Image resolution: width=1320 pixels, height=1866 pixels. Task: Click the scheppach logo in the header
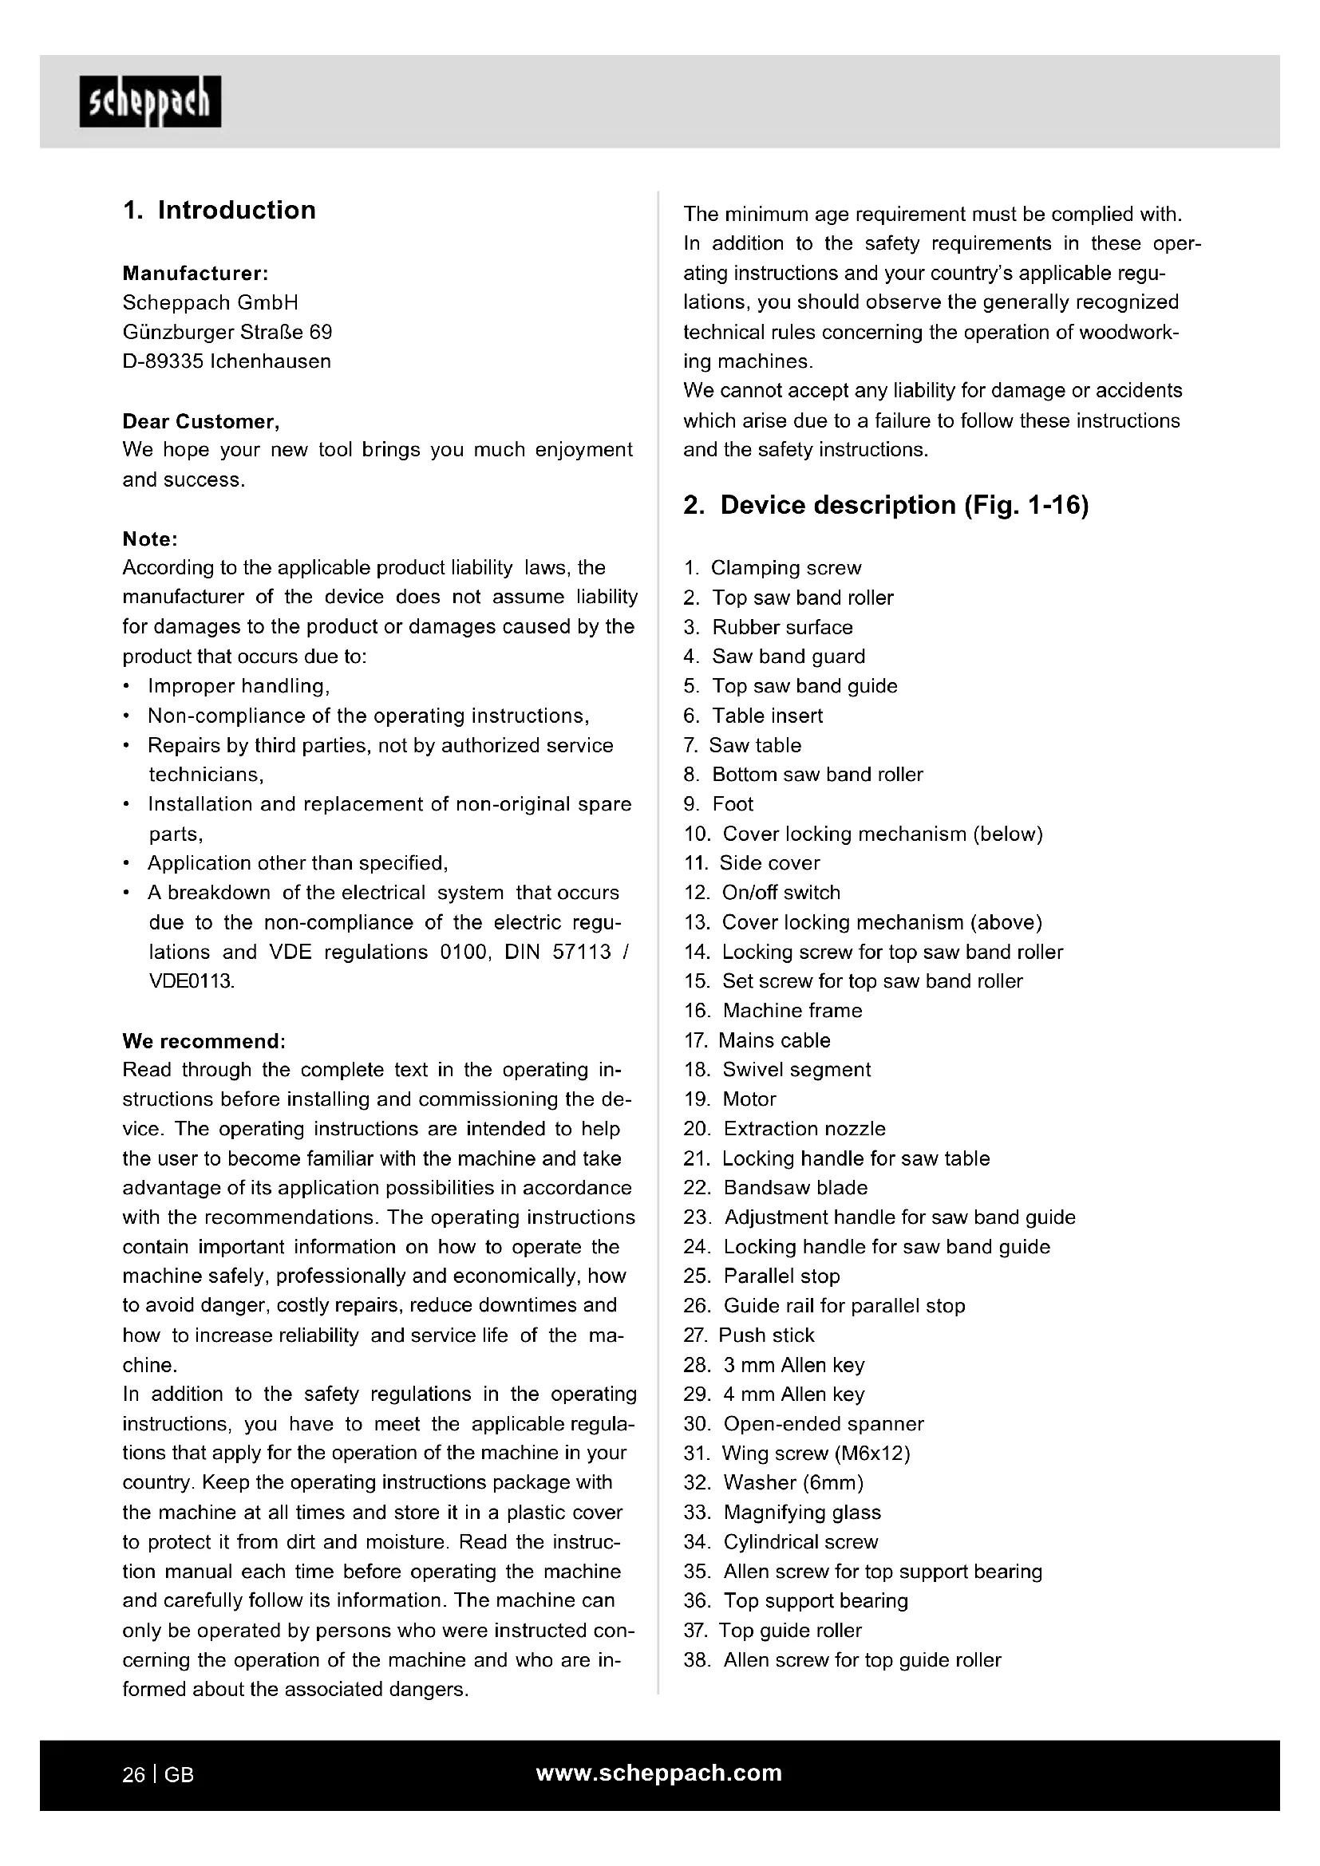[149, 101]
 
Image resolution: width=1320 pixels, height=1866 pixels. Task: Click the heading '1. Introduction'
[219, 210]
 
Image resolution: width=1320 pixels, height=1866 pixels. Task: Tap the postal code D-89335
[163, 361]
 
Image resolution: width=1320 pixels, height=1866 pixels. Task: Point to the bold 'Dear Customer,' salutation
[201, 421]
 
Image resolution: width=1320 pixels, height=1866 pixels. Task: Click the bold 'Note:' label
[149, 538]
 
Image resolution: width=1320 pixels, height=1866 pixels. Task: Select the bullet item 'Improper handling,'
[238, 686]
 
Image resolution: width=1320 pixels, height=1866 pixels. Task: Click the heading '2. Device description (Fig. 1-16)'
[885, 506]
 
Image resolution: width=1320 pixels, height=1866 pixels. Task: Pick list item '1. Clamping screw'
[773, 568]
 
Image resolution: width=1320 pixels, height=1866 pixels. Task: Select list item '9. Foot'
[718, 804]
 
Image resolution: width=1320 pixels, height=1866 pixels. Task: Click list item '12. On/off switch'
[761, 893]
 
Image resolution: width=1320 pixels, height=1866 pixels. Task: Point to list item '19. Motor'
[730, 1099]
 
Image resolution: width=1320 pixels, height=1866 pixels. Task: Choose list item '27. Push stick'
[749, 1335]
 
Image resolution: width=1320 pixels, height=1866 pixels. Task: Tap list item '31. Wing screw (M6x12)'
[796, 1453]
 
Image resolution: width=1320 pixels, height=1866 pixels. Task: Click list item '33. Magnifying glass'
[782, 1513]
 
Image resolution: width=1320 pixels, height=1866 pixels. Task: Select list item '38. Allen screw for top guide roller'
[842, 1660]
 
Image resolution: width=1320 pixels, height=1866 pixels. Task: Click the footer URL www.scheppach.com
[658, 1773]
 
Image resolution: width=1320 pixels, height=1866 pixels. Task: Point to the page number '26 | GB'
[159, 1775]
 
